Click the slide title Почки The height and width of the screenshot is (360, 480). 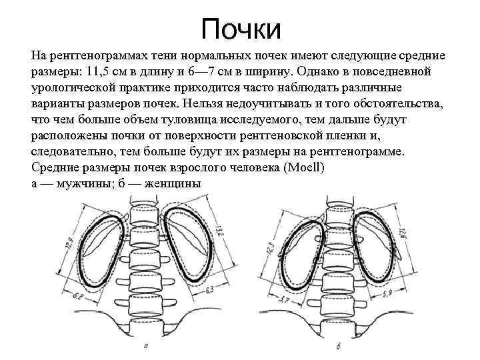(241, 28)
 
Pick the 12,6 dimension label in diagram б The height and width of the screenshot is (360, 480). (401, 234)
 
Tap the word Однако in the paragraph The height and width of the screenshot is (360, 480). (322, 71)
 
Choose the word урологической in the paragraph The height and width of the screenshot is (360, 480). (76, 87)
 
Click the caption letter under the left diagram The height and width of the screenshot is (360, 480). (145, 347)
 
